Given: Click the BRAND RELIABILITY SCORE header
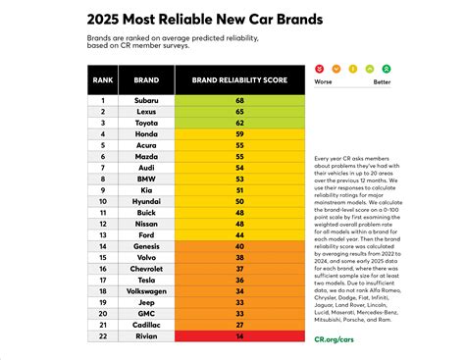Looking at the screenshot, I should click(238, 81).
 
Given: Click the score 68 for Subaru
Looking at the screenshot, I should click(238, 100).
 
